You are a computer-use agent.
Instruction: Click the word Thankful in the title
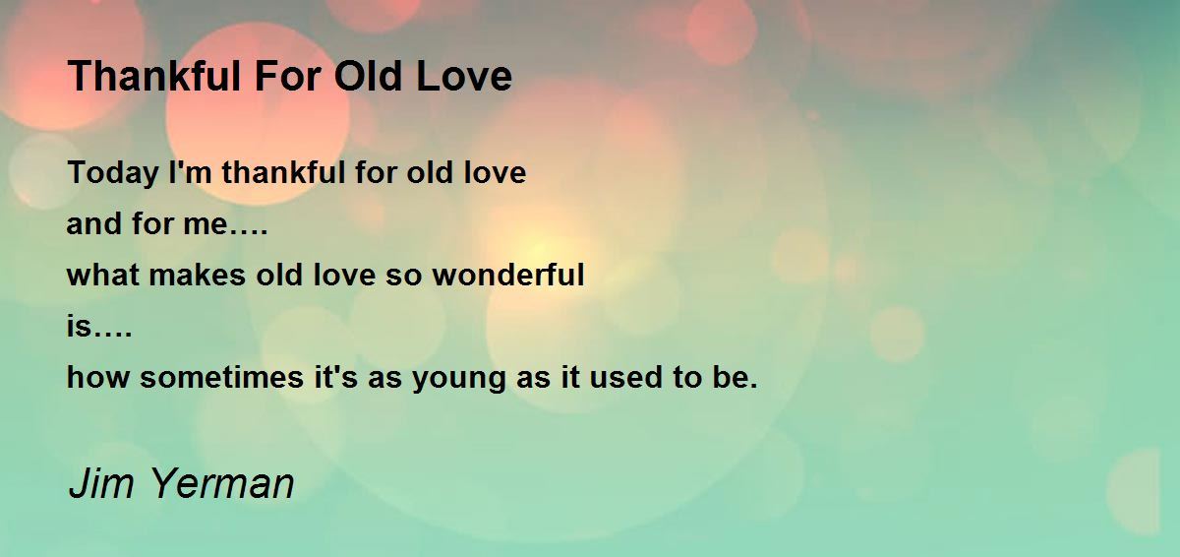coord(154,76)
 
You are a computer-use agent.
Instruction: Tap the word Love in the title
coord(464,76)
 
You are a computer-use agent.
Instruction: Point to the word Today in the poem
coord(113,174)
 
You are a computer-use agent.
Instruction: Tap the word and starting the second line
coord(93,223)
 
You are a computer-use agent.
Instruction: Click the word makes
coord(198,275)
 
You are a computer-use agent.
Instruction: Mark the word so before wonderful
coord(403,278)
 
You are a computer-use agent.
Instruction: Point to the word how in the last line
coord(98,377)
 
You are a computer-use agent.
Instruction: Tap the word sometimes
coord(222,377)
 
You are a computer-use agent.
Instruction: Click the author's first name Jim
coord(101,483)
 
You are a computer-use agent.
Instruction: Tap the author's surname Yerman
coord(223,483)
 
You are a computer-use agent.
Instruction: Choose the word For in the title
coord(287,76)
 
